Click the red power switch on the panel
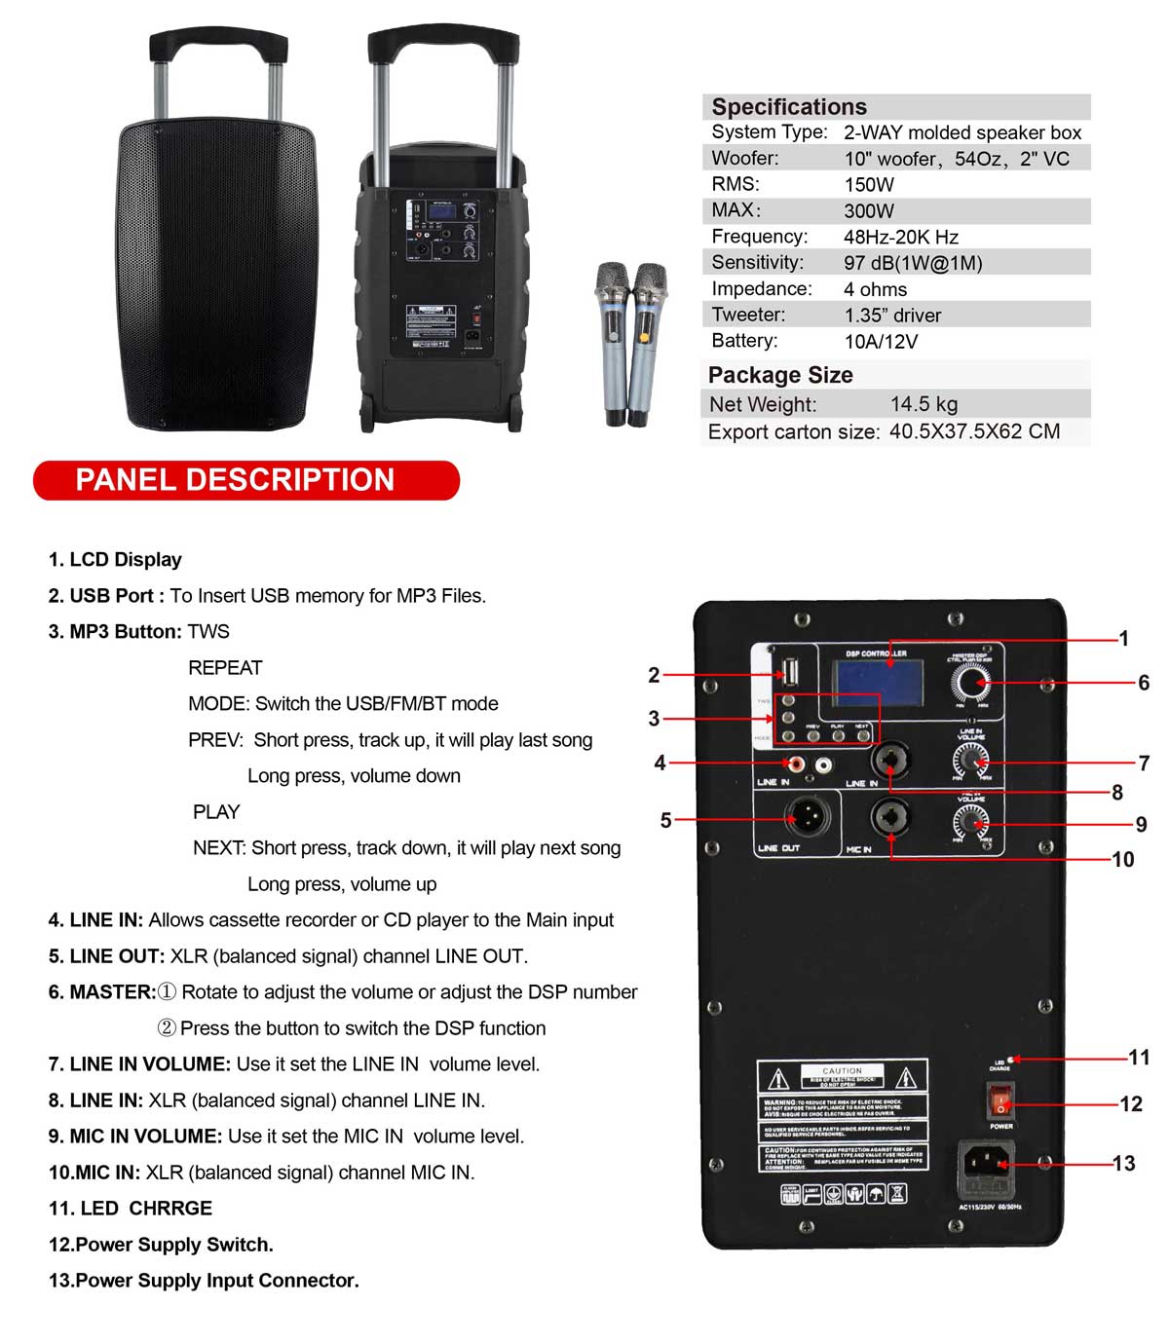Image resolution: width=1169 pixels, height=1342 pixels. pyautogui.click(x=1000, y=1103)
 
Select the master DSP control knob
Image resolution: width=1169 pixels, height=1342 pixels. pyautogui.click(x=968, y=684)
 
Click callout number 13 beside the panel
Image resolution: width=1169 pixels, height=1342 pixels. pyautogui.click(x=1123, y=1163)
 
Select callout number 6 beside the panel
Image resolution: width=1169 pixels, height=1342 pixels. pyautogui.click(x=1143, y=683)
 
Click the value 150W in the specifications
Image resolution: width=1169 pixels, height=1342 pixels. pyautogui.click(x=868, y=185)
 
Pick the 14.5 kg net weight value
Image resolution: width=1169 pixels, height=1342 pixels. pyautogui.click(x=923, y=404)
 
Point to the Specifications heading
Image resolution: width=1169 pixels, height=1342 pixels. pyautogui.click(x=788, y=107)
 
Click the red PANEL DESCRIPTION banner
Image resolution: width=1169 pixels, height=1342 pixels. pyautogui.click(x=245, y=480)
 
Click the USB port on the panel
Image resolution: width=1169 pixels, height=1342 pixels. pyautogui.click(x=789, y=673)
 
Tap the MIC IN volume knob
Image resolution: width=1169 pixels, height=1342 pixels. pyautogui.click(x=968, y=823)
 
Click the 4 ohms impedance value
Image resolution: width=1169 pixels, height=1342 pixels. pyautogui.click(x=875, y=289)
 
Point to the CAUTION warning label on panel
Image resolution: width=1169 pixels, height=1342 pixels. pyautogui.click(x=842, y=1115)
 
